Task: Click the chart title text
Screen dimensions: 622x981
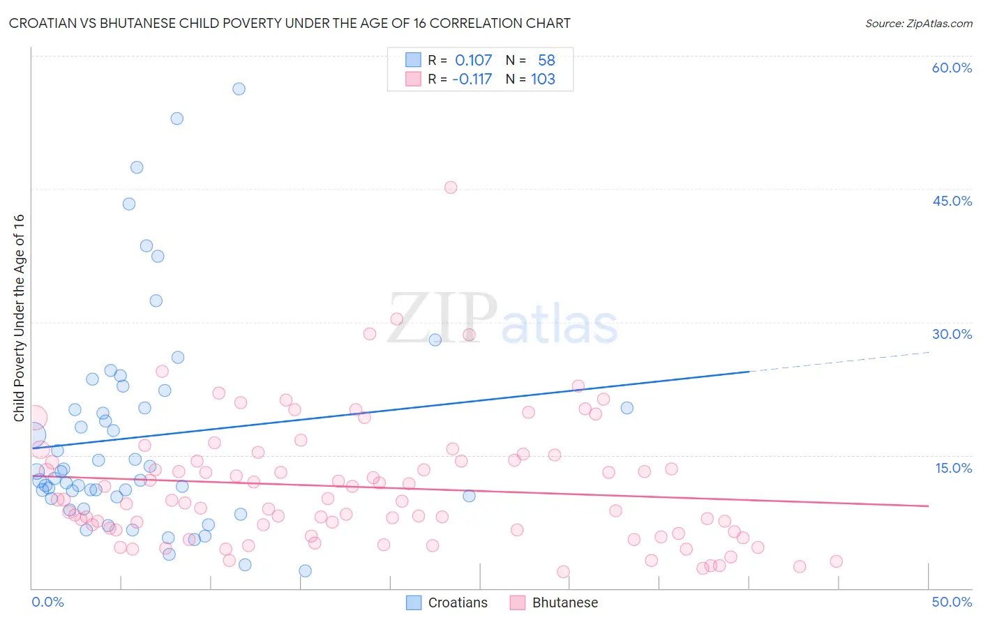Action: pos(290,23)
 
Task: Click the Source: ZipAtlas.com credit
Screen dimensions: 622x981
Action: pos(918,24)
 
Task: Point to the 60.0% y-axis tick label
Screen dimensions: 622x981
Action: pos(952,68)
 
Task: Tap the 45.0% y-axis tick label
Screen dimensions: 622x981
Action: pos(952,201)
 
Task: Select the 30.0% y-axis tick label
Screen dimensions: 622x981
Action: pos(952,334)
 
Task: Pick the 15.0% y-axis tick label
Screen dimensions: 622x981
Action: pos(953,468)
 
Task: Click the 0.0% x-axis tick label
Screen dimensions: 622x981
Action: pos(47,602)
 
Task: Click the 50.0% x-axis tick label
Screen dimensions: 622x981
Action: pos(952,602)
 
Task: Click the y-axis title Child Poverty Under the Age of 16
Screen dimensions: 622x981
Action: pos(19,317)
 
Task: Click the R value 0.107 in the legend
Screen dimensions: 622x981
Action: pos(473,61)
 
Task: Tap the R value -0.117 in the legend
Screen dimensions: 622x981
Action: pos(472,79)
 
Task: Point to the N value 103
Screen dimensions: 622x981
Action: pos(543,79)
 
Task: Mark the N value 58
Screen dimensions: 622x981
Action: pos(546,61)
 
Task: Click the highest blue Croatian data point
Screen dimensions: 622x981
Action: pos(239,89)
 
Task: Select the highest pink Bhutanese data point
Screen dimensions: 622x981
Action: pos(451,188)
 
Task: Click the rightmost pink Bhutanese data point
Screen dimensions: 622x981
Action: pos(836,561)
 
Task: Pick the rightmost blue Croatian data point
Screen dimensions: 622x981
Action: pos(627,408)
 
